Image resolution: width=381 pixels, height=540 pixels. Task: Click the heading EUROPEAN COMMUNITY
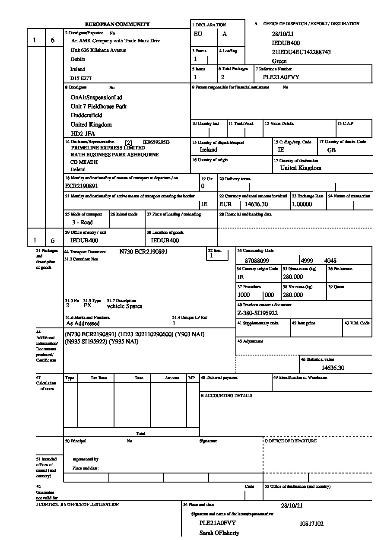pos(117,25)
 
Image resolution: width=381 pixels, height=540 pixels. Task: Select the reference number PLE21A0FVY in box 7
pos(281,77)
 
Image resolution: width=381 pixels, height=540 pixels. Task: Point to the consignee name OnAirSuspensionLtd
pos(96,98)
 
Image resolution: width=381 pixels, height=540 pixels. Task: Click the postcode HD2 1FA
pos(83,134)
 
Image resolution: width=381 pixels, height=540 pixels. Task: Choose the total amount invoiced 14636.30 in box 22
pos(256,204)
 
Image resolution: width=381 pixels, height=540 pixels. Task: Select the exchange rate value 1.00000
pos(302,204)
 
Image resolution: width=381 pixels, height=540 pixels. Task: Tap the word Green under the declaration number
pos(279,61)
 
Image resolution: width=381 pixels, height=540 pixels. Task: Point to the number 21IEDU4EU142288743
pos(301,52)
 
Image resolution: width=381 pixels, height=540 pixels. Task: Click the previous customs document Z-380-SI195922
pos(257,313)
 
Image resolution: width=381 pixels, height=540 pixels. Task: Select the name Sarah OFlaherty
pos(219,533)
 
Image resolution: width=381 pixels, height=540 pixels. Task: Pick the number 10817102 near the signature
pos(311,524)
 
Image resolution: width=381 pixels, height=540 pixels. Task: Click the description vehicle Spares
pos(124,306)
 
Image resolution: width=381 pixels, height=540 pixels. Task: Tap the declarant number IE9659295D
pos(156,142)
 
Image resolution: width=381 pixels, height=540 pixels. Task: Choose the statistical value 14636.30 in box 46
pos(333,368)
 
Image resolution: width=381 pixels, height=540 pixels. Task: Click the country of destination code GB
pos(331,150)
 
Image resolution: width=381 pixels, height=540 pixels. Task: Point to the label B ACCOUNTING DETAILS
pos(226,396)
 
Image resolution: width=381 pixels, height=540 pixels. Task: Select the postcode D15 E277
pos(81,79)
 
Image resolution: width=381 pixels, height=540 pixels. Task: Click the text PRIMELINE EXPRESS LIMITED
pos(108,148)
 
